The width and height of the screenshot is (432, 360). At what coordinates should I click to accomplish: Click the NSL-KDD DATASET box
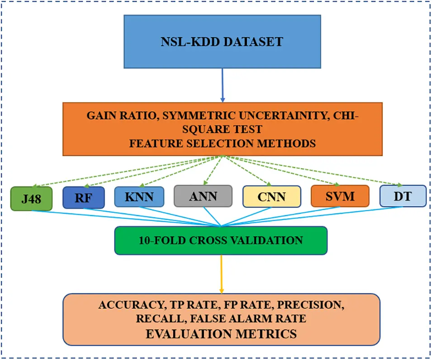coord(222,42)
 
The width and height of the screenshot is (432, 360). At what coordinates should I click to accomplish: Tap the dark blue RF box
coord(84,198)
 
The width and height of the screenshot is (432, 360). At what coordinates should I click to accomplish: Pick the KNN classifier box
coord(139,197)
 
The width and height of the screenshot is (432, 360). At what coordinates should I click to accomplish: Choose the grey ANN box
coord(203,196)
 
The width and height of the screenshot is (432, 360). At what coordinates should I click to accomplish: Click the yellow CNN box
coord(272,197)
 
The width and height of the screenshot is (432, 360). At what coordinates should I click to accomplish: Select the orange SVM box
coord(340,196)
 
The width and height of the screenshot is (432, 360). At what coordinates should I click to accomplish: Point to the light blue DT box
coord(403,196)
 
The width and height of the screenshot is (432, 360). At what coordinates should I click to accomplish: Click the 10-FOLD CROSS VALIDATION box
coord(221,240)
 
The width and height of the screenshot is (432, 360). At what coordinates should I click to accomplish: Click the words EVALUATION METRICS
coord(221,334)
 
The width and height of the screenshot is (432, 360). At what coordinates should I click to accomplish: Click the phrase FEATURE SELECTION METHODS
coord(222,144)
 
